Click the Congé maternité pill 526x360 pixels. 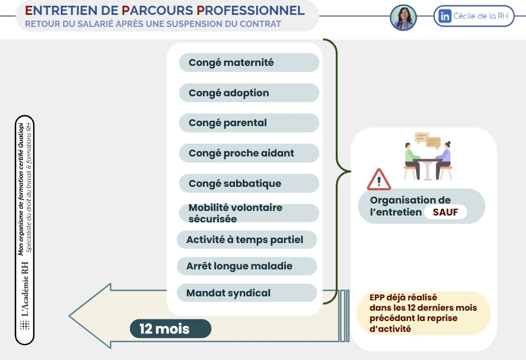coord(249,62)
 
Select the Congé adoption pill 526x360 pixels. coord(249,93)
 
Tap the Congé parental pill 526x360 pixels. coord(249,123)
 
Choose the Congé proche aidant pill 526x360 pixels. coord(249,153)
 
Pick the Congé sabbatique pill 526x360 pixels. coord(249,183)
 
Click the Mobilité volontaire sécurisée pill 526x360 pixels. coord(249,213)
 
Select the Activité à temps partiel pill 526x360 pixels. coord(246,240)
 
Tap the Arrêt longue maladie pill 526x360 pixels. coord(246,266)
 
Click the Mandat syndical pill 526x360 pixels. coord(246,293)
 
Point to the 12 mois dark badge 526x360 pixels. coord(170,329)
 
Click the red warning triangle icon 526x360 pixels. coord(379,180)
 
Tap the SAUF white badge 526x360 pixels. coord(445,213)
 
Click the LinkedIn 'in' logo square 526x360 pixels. coord(445,17)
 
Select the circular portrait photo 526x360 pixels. coord(403,17)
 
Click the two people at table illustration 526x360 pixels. coord(427,161)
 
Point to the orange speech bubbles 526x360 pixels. coord(427,140)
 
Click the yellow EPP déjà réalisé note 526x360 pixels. coord(423,313)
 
